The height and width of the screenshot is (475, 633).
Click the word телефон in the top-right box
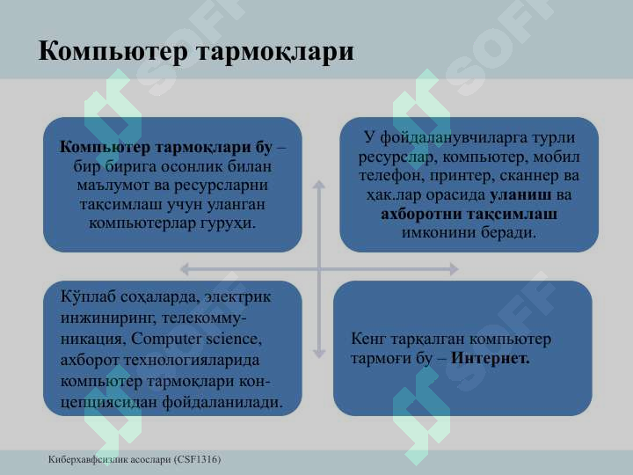pos(390,176)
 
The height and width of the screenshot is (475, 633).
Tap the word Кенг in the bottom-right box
pos(368,339)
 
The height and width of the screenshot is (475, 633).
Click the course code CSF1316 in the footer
pos(197,460)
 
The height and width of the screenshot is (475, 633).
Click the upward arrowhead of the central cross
pos(319,186)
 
